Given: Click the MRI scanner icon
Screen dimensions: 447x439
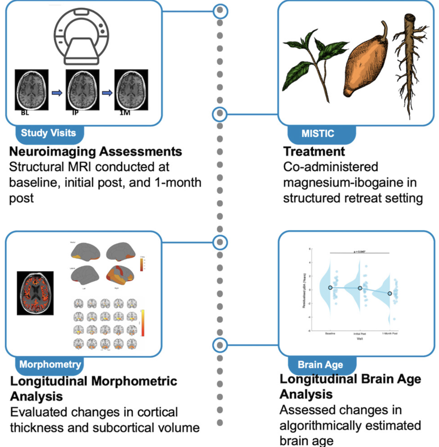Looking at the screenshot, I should [x=82, y=37].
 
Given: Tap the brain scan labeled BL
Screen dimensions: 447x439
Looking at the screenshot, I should [x=32, y=90].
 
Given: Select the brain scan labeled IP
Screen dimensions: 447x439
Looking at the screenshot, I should [x=82, y=90].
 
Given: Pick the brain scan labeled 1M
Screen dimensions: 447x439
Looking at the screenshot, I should [x=131, y=90].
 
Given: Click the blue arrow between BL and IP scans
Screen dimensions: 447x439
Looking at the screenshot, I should [x=57, y=93].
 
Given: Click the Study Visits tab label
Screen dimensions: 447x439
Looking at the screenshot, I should [x=49, y=133].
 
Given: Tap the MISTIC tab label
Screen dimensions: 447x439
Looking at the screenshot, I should [x=318, y=134].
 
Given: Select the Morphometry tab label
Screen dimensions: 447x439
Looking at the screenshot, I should [x=50, y=364].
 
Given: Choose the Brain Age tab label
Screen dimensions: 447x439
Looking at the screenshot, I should [x=320, y=365].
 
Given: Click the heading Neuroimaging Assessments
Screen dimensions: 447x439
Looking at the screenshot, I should [x=96, y=152].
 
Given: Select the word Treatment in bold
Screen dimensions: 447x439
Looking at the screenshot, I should [x=314, y=152].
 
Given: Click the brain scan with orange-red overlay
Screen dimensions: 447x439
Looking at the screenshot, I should [x=35, y=293].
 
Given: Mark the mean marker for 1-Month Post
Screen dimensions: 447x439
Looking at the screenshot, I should [x=390, y=294].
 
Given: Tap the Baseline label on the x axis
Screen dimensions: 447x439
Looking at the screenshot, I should [x=330, y=334].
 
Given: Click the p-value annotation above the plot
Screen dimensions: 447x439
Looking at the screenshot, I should [x=360, y=251].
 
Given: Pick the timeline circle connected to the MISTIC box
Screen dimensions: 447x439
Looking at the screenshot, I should [x=220, y=114].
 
